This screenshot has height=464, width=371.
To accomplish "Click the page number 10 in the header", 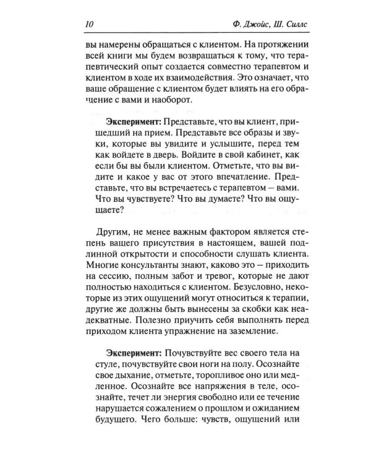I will pyautogui.click(x=87, y=25).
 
